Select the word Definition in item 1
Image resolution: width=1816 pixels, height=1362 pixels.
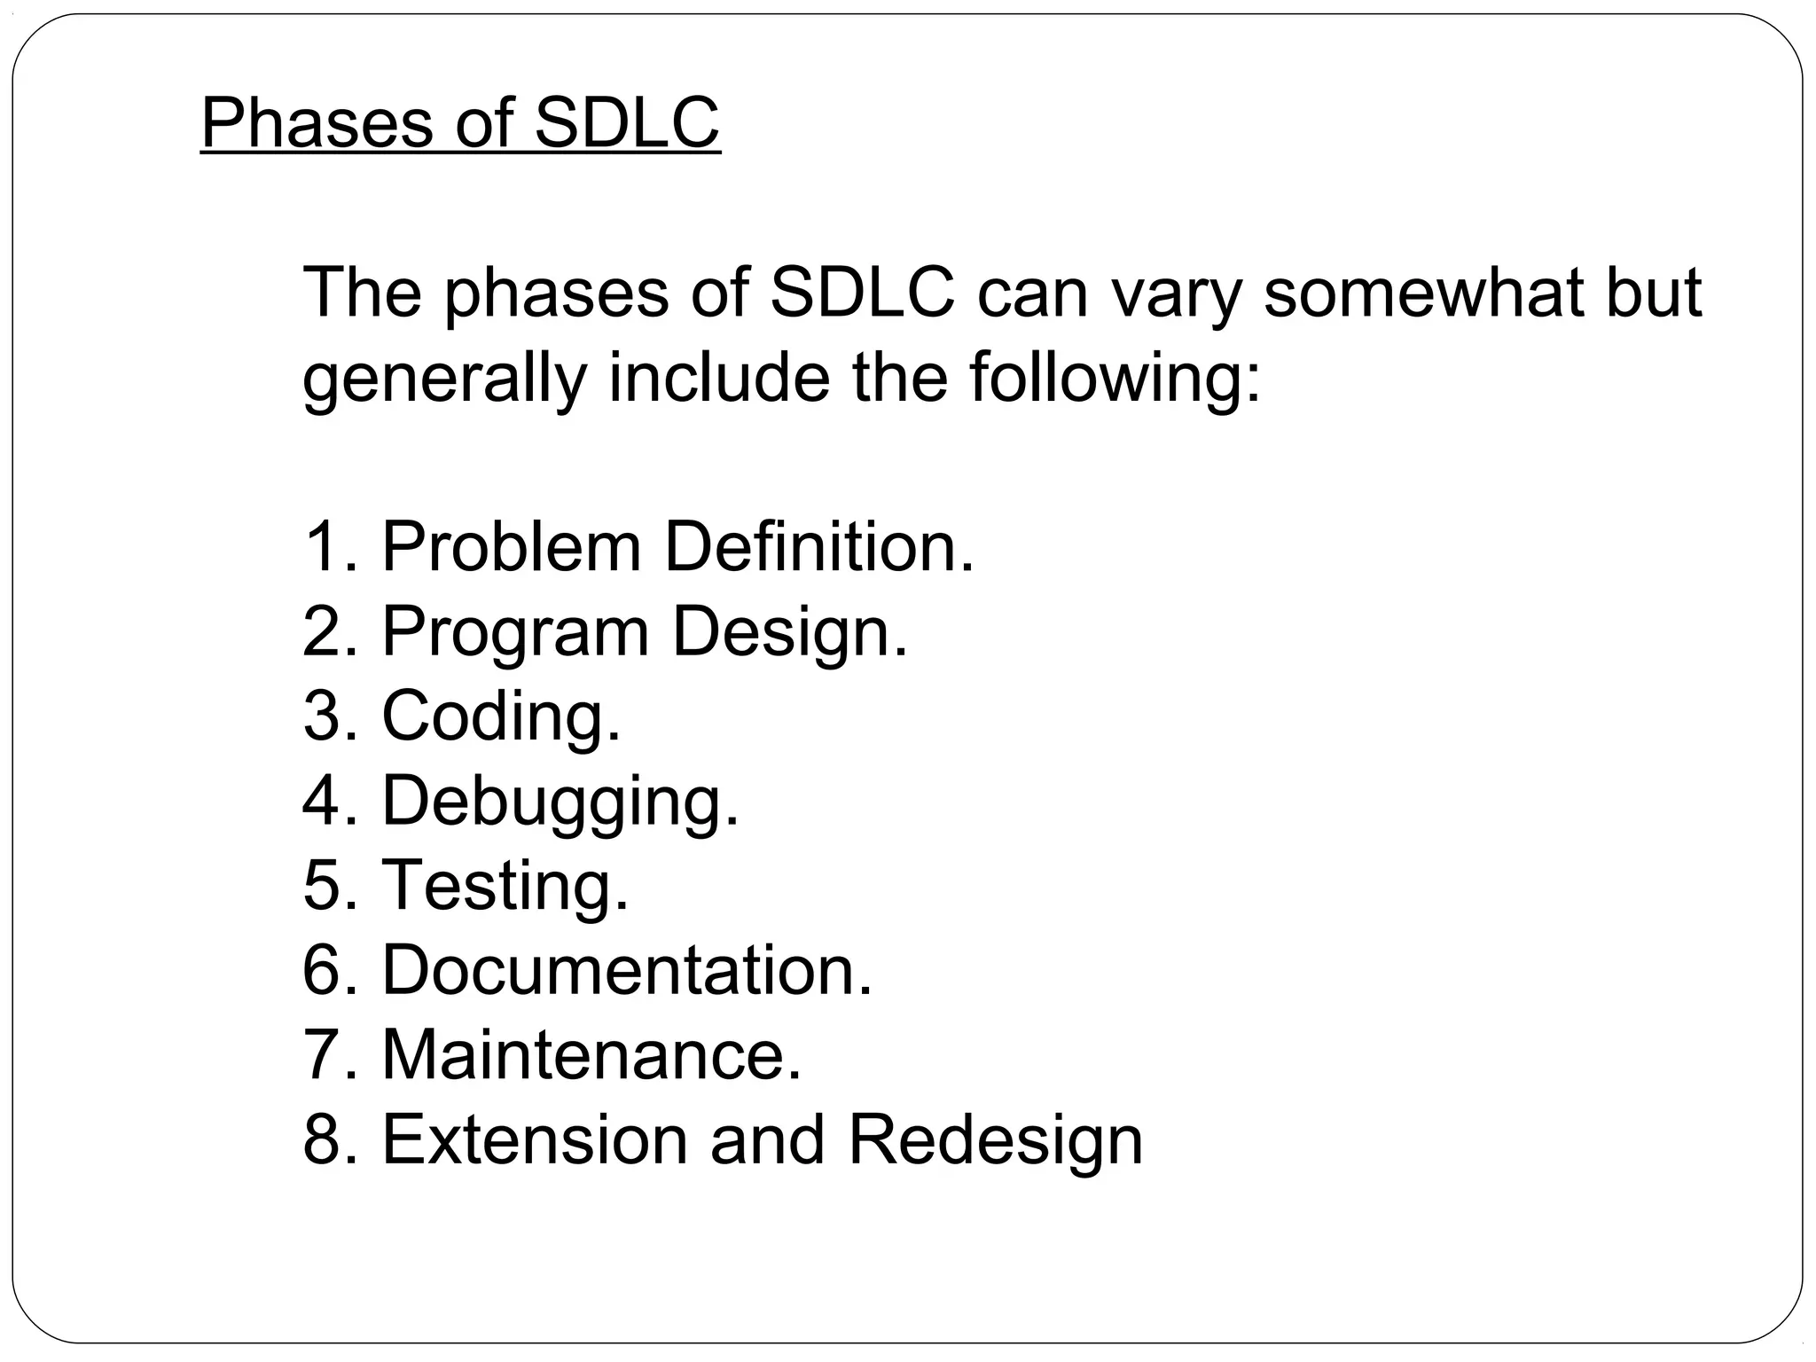click(x=818, y=547)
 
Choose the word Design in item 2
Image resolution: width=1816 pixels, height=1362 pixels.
click(x=789, y=633)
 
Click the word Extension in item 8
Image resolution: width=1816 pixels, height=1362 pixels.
click(x=535, y=1139)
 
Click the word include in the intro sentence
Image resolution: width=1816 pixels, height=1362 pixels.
click(x=718, y=378)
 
